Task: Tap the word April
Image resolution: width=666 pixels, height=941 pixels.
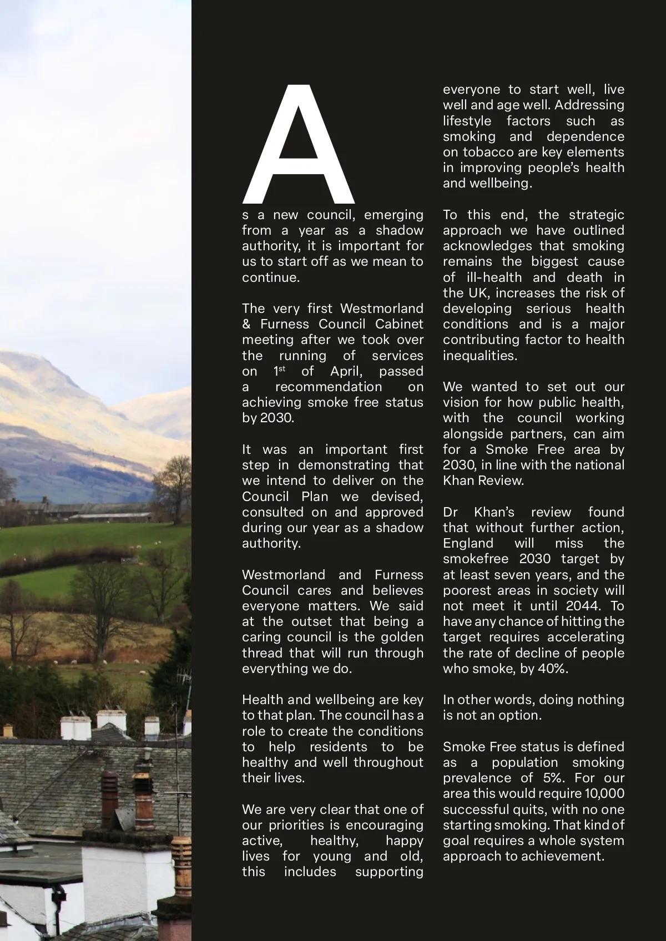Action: click(x=346, y=371)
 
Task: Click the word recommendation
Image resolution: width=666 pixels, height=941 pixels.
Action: click(x=329, y=387)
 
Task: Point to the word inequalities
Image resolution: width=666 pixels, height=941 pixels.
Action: click(x=480, y=356)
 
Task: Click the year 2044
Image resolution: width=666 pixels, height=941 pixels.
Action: click(x=582, y=606)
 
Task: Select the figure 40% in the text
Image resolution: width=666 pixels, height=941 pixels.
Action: click(x=553, y=669)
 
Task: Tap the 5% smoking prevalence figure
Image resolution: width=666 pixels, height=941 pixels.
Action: click(x=552, y=778)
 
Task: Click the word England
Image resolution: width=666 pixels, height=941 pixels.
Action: click(x=468, y=543)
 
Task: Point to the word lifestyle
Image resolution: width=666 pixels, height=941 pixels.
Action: click(x=467, y=121)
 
